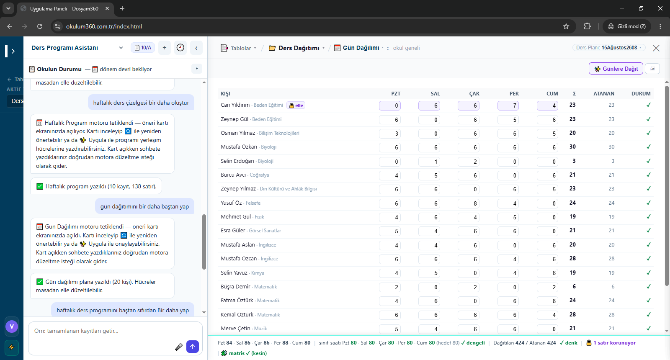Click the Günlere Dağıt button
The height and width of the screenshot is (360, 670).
(616, 69)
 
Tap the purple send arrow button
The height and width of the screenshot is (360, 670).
(193, 347)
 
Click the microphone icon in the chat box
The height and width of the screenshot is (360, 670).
(179, 347)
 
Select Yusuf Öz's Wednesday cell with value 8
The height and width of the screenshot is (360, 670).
(469, 203)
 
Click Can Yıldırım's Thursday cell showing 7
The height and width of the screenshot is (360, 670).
(508, 105)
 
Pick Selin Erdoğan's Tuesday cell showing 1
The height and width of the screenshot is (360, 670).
(429, 162)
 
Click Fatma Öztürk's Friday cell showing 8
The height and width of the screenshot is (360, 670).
(547, 301)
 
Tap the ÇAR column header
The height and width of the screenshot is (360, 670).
(474, 94)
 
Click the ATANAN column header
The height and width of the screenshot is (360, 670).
(604, 94)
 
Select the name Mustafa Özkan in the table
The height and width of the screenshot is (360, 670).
(239, 147)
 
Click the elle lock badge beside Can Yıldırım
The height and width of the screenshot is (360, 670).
(296, 105)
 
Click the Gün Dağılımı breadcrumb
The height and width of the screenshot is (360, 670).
(358, 48)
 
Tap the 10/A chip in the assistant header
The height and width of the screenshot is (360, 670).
(143, 48)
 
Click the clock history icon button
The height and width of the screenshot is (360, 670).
(180, 48)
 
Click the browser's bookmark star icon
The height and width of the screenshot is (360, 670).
(566, 26)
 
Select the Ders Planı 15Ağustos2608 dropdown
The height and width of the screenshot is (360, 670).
(609, 48)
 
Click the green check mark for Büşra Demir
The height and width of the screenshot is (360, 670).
(649, 286)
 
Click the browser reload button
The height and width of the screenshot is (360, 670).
(40, 26)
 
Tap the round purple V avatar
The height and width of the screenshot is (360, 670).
(12, 327)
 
